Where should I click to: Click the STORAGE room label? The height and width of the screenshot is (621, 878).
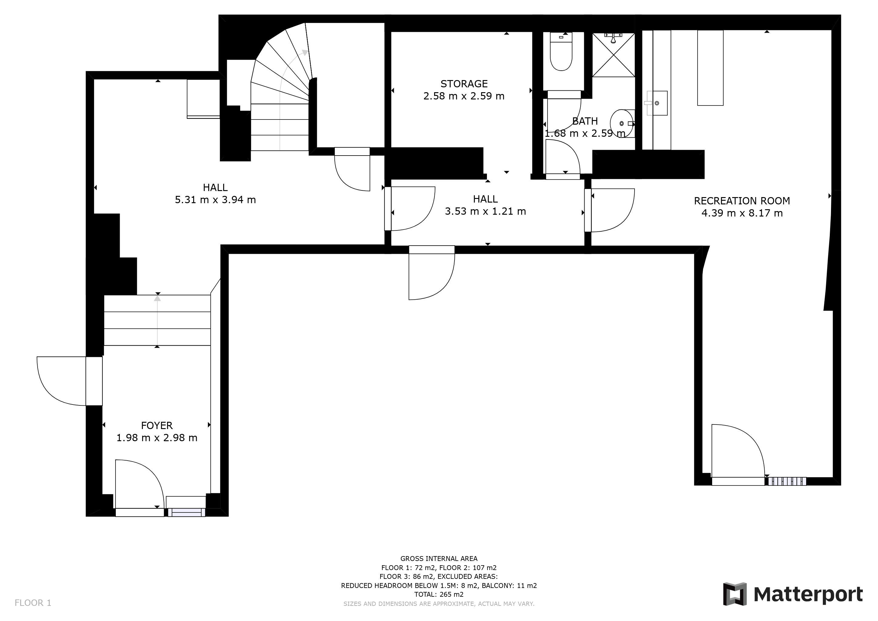point(464,84)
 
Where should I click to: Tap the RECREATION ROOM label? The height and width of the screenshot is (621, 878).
point(742,201)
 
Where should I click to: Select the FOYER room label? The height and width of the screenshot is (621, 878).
point(157,426)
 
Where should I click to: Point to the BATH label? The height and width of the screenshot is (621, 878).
point(585,121)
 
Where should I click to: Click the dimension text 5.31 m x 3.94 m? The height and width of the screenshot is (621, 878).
point(215,200)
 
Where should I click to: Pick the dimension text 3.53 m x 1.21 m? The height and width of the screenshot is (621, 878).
point(485,211)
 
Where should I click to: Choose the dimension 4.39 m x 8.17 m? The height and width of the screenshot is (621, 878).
point(742,213)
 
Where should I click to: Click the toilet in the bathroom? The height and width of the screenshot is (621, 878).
point(561,51)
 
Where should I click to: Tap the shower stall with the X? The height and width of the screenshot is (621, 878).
point(613,55)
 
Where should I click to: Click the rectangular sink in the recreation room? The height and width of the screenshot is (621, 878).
point(657,103)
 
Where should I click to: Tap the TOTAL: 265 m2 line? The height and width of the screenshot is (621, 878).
point(439,594)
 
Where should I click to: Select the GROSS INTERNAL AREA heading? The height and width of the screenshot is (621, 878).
point(439,559)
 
